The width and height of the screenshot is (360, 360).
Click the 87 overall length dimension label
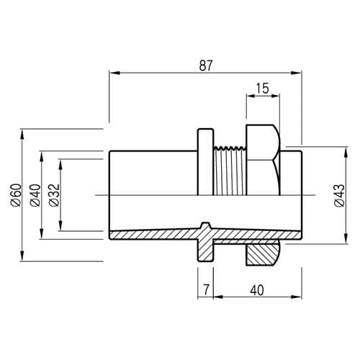pos(206,66)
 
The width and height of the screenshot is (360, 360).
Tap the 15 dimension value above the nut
pos(263,89)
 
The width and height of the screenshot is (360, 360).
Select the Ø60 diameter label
pos(16,195)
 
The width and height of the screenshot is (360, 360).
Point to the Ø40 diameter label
pos(35,195)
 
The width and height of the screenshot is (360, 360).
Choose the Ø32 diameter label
pos(54,195)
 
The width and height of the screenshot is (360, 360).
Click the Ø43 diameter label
pos(339,196)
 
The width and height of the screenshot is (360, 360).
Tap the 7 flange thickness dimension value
pos(207,290)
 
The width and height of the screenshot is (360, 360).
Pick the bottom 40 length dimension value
pos(257,290)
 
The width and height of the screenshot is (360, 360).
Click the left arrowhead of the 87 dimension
pos(114,73)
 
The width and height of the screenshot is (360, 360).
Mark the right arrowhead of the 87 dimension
pos(296,73)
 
